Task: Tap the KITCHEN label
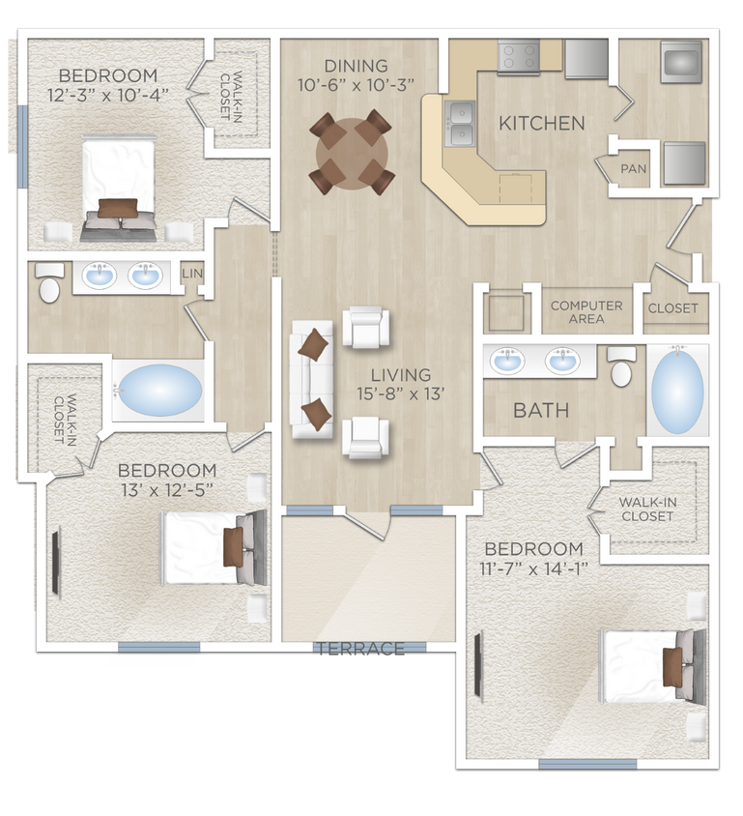tap(541, 124)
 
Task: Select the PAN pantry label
tap(634, 169)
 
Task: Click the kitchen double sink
tap(461, 123)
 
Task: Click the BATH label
tap(540, 411)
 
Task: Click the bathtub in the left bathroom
tap(159, 391)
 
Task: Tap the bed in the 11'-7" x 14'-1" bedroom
tap(648, 667)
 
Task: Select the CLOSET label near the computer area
tap(673, 309)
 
